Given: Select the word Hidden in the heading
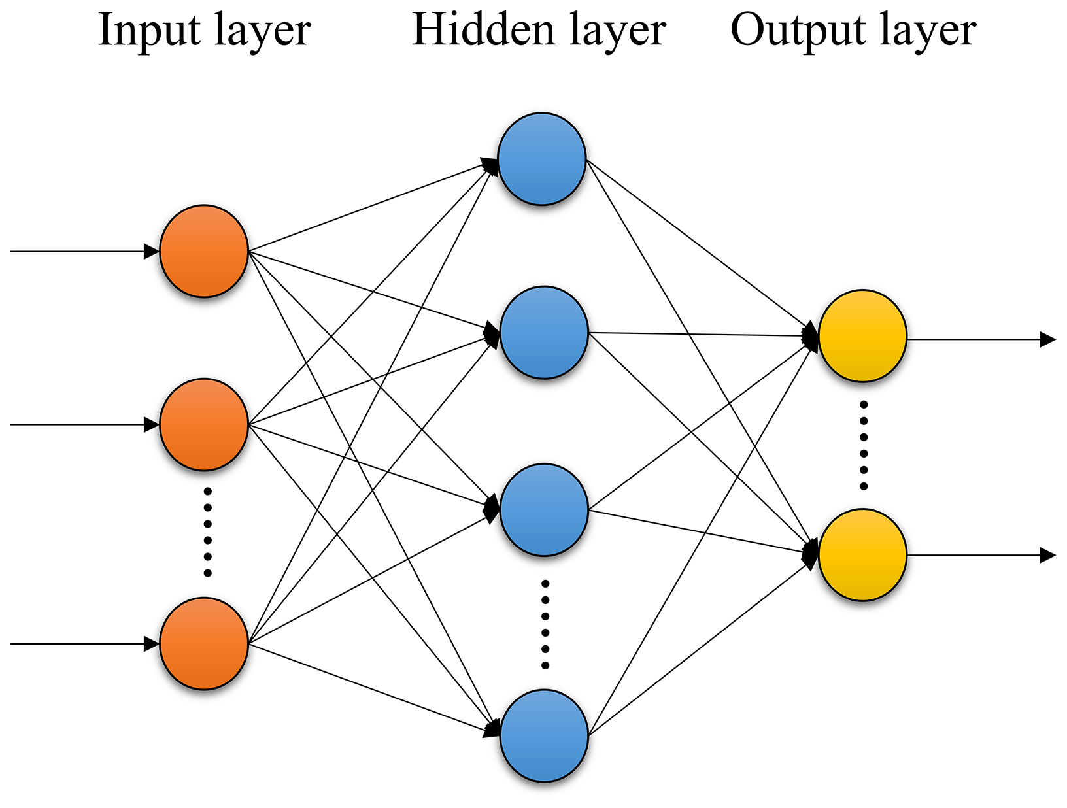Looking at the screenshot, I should coord(475,30).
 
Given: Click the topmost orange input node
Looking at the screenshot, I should coord(204,251).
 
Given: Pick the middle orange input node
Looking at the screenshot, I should coord(204,424).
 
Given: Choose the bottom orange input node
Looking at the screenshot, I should coord(204,643).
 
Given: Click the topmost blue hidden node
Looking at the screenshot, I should coord(541,159).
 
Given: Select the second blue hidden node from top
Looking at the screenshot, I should coord(544,332).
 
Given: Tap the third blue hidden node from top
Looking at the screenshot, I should coord(544,510).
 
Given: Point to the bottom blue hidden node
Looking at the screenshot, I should coord(544,735).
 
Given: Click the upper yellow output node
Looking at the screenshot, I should coord(862,336).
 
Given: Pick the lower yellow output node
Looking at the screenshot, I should coord(862,555).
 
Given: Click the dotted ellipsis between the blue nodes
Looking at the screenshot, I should coord(545,624).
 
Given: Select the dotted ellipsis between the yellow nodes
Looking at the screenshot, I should coord(864,445).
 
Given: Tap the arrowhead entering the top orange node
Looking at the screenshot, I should coord(152,251).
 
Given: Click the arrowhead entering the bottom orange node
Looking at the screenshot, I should coord(152,644).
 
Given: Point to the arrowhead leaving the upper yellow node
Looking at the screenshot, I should coord(1047,339).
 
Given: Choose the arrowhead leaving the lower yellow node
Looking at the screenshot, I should coord(1047,555).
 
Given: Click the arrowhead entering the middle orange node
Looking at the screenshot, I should coord(152,425).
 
